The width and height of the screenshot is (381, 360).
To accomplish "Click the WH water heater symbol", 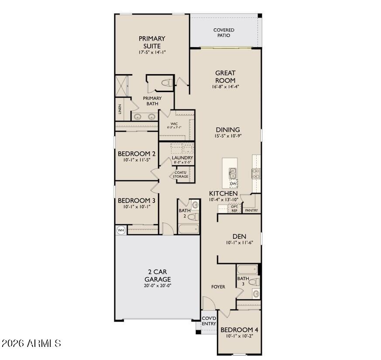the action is tap(121, 230).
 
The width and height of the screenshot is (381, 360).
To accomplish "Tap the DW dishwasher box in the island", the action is tap(233, 184).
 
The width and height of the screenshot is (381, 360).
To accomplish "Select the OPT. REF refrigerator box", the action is tap(234, 209).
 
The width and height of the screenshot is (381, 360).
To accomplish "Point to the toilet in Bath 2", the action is tap(193, 217).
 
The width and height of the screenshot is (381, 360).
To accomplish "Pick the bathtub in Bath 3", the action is tap(247, 269).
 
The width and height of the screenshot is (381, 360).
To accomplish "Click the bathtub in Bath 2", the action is tap(189, 229).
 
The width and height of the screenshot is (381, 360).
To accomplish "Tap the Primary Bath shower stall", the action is tap(121, 86).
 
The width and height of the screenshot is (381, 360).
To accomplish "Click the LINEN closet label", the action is tap(120, 110).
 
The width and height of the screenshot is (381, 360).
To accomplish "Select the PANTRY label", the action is tap(251, 210).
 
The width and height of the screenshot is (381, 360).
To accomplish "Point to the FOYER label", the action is tap(218, 287).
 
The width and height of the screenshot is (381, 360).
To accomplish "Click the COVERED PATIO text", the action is tap(224, 33).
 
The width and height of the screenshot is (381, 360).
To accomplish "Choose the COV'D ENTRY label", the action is tap(209, 321).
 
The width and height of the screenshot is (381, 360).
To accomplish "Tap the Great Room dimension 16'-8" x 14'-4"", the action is tap(225, 86).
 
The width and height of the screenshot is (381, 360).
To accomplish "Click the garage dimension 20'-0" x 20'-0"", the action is tap(158, 286).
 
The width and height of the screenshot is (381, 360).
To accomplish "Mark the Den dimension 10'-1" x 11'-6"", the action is tap(240, 243).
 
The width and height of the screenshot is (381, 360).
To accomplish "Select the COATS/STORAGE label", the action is tap(180, 175).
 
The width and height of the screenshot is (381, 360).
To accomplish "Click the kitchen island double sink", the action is tap(233, 173).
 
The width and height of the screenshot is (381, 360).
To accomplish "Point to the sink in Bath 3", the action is tap(256, 294).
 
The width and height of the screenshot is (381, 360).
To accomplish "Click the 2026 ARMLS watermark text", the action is tap(31, 343).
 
